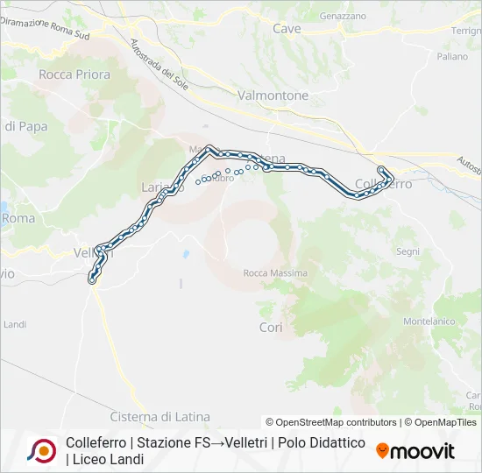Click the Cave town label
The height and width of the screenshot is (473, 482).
coord(287,29)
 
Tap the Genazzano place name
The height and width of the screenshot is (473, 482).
coord(343,17)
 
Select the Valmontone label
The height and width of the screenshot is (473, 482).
coord(273,95)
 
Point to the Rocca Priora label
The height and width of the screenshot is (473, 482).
coord(74,74)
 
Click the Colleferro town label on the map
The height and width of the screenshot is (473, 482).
coord(383,184)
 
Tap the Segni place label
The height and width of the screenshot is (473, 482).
coord(408,251)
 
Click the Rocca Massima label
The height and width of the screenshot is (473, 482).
coord(275,273)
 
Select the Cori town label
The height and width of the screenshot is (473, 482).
coord(270,327)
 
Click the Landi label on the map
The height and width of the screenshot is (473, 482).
coord(15,324)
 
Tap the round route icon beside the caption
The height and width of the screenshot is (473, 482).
coord(42,451)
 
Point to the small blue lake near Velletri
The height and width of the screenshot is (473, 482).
coord(186,255)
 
